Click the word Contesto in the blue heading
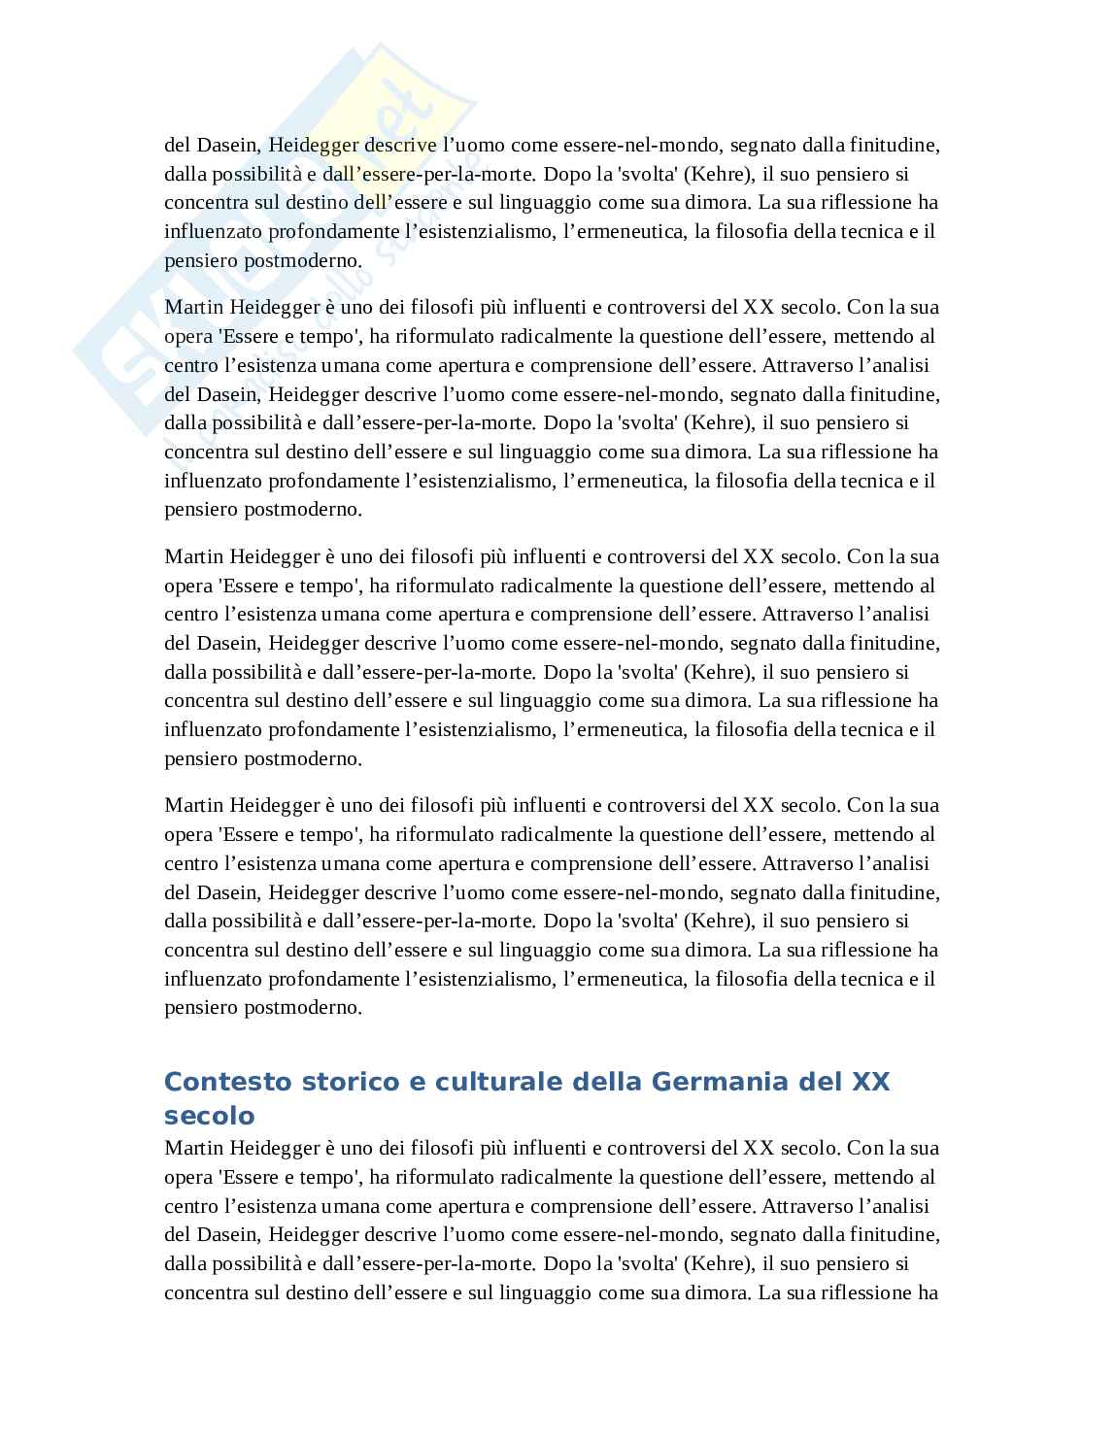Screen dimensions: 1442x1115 tap(219, 1082)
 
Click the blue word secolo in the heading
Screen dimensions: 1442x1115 tap(209, 1114)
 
